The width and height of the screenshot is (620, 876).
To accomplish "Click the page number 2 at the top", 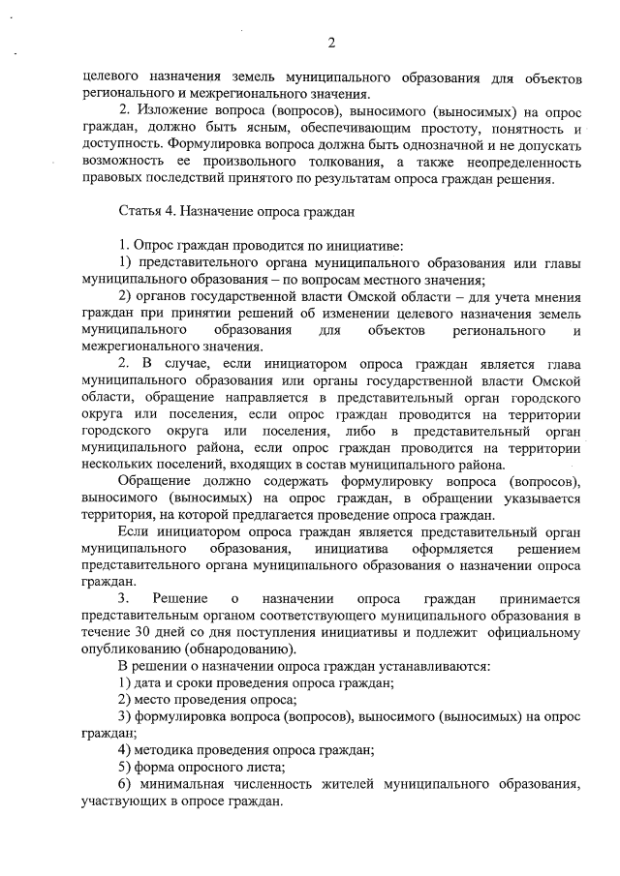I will click(331, 42).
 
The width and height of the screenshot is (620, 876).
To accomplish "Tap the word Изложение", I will click(171, 111).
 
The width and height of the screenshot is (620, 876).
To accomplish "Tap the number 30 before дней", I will click(139, 632).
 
